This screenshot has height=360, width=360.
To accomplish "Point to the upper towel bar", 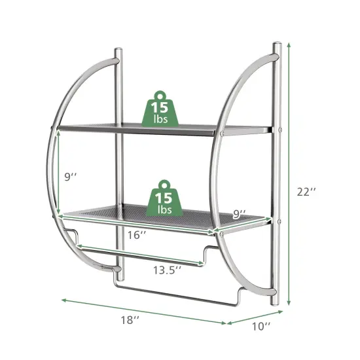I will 141,249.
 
